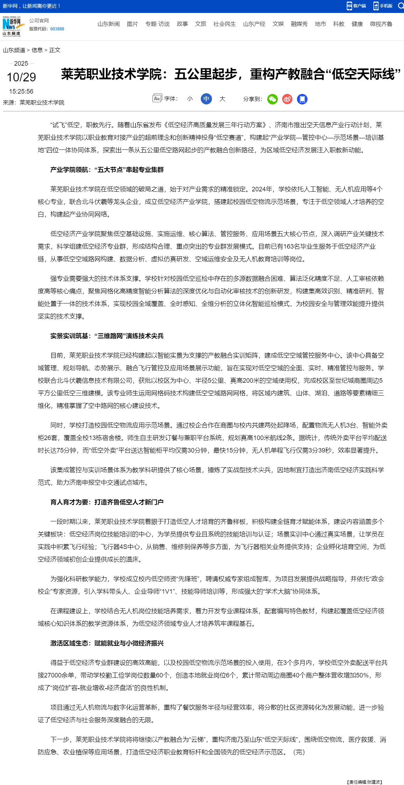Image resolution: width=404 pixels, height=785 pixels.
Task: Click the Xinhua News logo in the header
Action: coord(12,26)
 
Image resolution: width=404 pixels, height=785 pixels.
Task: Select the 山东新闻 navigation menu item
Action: coord(108,24)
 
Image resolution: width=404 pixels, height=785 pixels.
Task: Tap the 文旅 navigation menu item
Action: coord(200,24)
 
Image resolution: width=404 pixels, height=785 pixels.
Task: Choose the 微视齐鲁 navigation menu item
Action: coord(381,24)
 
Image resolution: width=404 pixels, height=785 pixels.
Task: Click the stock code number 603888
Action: coord(57,29)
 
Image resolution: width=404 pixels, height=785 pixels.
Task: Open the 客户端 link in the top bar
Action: coord(356,6)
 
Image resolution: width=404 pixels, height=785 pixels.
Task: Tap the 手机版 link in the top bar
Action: coord(383,6)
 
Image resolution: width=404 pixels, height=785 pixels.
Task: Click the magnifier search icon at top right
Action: coord(401,6)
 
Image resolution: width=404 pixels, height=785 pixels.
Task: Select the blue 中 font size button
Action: coord(206,99)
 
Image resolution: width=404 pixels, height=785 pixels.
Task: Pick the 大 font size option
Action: coord(222,99)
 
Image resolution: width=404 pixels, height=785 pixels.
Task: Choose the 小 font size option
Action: coord(190,99)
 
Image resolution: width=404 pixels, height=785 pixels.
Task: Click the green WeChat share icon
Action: coord(272,99)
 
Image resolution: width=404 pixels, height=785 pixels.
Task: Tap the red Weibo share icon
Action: coord(287,99)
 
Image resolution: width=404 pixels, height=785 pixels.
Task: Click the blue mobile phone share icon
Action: coord(302,99)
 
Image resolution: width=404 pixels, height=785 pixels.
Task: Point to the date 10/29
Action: coord(21,77)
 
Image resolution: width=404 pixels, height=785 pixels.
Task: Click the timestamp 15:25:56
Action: coord(21,91)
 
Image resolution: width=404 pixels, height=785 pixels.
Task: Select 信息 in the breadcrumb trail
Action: coord(37,50)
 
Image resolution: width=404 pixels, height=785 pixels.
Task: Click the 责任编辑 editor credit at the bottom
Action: coord(364,782)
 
